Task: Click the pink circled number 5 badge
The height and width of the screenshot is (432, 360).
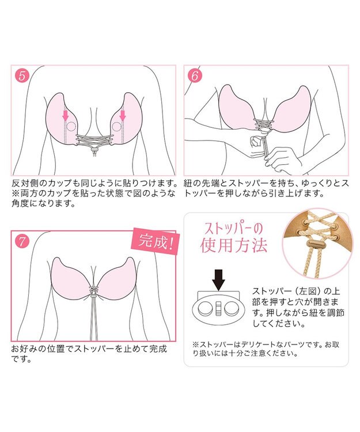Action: [21, 75]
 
